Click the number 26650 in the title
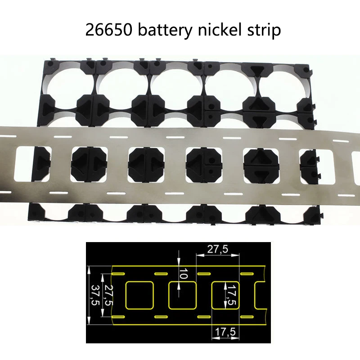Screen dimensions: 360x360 tap(108, 31)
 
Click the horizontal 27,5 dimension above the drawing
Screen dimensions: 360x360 tap(217, 249)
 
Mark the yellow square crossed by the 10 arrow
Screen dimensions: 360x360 tap(182, 296)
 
